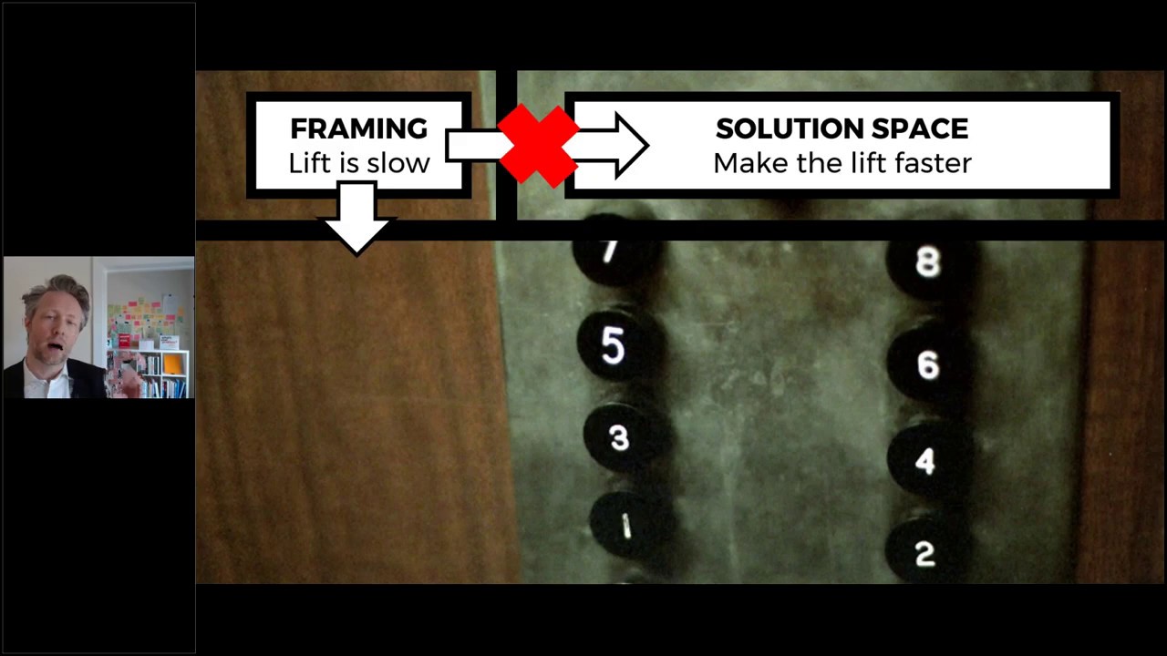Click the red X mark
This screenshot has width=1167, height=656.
[x=538, y=145]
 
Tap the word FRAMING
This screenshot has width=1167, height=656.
[x=358, y=128]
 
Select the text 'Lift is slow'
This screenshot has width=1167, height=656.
[x=358, y=163]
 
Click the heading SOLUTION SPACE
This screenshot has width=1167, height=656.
[x=842, y=128]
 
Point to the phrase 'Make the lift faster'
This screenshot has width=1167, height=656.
[x=842, y=163]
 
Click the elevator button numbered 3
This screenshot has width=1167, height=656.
[x=620, y=438]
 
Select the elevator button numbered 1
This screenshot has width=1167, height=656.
[x=626, y=527]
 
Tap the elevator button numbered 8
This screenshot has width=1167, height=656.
[x=927, y=262]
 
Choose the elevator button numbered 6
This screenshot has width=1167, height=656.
[x=927, y=364]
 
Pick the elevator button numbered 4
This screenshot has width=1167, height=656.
[x=924, y=461]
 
